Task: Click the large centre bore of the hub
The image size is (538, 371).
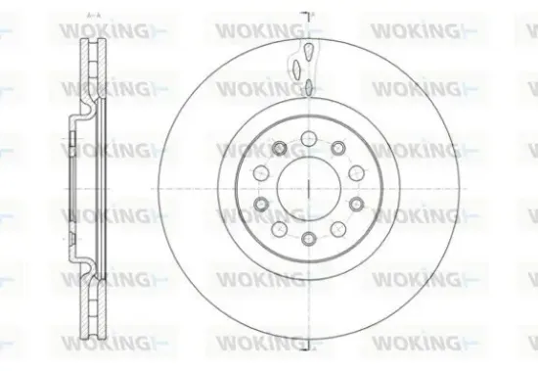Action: point(308,186)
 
